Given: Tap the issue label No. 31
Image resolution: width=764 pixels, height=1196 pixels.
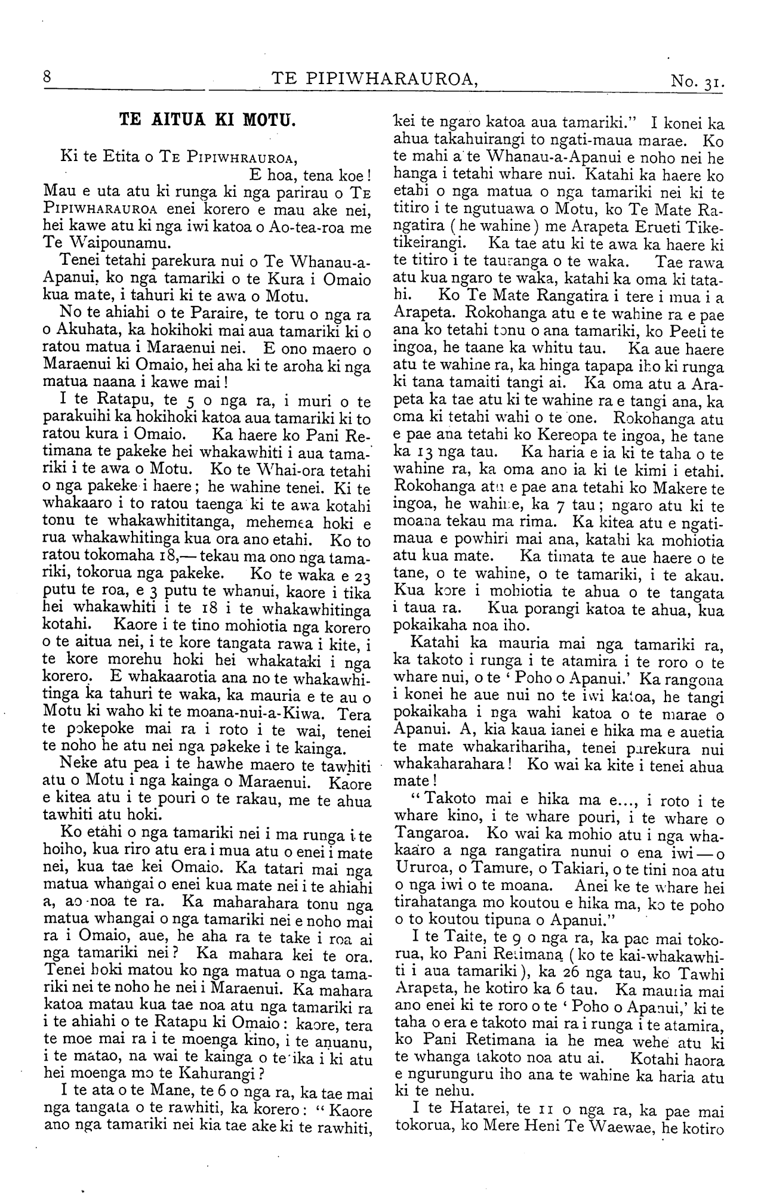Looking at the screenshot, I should pos(697,81).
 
